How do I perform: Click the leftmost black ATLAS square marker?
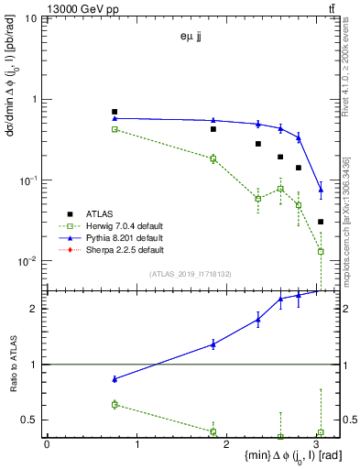tap(115, 112)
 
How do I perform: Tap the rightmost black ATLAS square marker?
tap(321, 222)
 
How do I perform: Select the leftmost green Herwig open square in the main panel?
tap(115, 129)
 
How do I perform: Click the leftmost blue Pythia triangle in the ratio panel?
tap(115, 378)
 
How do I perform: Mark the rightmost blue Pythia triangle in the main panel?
tap(321, 191)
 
